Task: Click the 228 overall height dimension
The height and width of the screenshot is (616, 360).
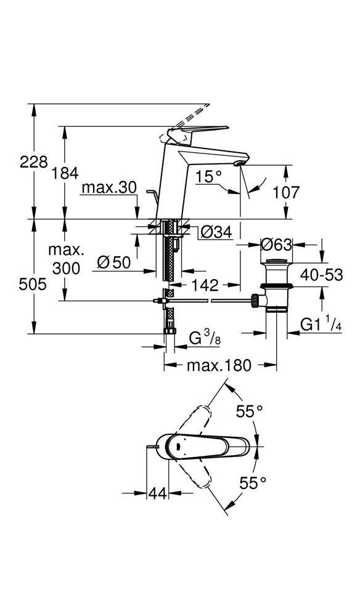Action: click(x=34, y=161)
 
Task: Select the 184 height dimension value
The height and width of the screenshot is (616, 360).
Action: click(x=65, y=173)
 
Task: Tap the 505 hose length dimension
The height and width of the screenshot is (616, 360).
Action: click(x=33, y=283)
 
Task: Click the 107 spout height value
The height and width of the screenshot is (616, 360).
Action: click(x=286, y=192)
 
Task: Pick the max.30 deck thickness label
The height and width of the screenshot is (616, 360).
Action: click(x=109, y=188)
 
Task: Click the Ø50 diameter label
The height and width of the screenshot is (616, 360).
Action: click(x=114, y=262)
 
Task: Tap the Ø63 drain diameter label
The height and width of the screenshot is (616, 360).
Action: click(x=277, y=245)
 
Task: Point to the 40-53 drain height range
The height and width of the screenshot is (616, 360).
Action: click(x=322, y=275)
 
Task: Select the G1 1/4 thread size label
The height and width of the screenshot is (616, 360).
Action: click(x=321, y=325)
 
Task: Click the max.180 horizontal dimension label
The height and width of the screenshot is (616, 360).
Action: click(x=219, y=366)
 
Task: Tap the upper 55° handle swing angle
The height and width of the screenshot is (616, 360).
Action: click(x=249, y=411)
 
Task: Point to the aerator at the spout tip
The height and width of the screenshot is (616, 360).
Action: click(x=239, y=163)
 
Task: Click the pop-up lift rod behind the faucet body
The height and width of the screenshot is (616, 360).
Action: click(x=153, y=196)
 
